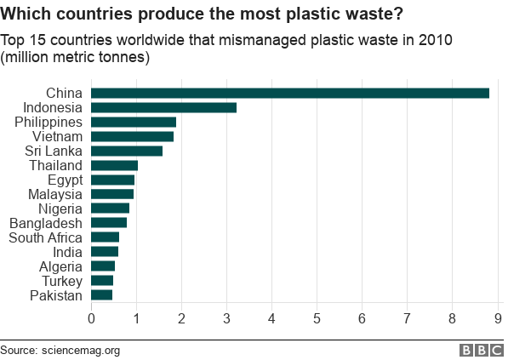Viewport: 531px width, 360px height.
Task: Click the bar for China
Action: point(289,93)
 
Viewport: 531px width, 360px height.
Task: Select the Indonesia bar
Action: point(163,107)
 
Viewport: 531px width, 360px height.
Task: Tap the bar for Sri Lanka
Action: point(127,151)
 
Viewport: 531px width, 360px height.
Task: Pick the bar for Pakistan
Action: point(101,295)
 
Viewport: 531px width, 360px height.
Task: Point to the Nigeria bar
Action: point(110,209)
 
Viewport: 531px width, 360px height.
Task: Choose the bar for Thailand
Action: point(114,165)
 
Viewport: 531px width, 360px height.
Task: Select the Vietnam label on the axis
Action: point(57,136)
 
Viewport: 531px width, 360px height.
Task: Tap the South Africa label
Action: point(45,237)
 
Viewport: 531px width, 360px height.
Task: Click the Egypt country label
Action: point(65,180)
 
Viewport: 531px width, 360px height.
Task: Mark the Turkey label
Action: point(62,281)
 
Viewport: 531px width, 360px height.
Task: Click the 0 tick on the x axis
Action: point(91,319)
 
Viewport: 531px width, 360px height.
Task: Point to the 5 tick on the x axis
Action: point(317,319)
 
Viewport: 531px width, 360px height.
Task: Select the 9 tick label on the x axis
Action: point(498,319)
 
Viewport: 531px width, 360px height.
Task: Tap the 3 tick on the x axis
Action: point(226,319)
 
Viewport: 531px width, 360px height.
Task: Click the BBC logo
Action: point(482,350)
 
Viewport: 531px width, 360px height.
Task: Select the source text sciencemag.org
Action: point(81,350)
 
